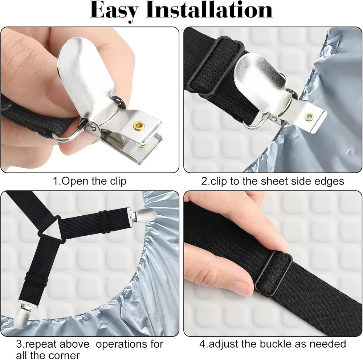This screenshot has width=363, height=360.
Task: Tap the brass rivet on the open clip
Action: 139,126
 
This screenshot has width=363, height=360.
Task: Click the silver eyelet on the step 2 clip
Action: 309,117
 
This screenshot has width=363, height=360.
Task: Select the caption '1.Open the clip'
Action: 90,181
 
